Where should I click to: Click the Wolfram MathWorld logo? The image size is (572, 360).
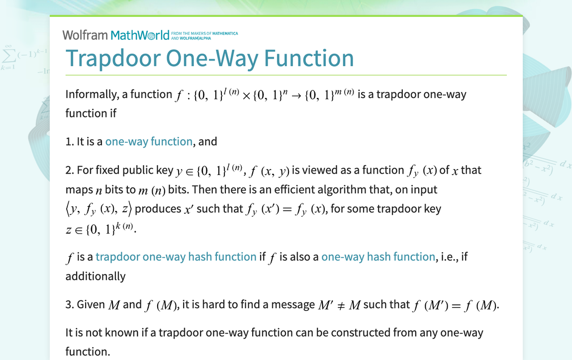(x=116, y=35)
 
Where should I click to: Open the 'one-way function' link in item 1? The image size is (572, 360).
(x=149, y=142)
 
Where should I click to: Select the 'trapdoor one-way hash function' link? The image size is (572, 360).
(x=176, y=257)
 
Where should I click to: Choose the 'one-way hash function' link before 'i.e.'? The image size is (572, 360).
(x=378, y=257)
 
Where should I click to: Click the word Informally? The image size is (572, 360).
(x=94, y=94)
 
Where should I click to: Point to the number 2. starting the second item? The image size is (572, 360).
(x=70, y=171)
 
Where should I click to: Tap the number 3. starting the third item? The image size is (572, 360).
(x=70, y=304)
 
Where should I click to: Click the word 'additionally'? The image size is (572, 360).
(x=95, y=276)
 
